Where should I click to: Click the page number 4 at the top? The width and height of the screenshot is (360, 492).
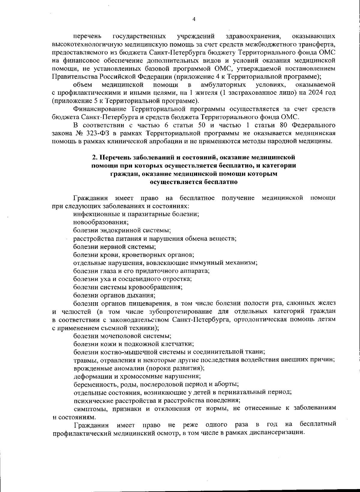tap(194, 19)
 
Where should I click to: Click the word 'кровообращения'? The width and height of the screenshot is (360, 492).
tap(158, 287)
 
